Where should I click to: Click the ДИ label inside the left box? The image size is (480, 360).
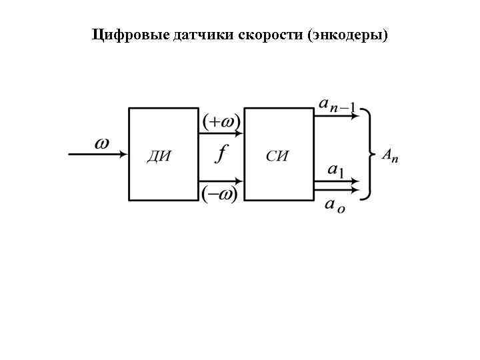[x=159, y=157]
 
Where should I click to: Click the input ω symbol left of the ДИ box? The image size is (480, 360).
[x=101, y=143]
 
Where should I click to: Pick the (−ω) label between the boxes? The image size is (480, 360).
[x=219, y=195]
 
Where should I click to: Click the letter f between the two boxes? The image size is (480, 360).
[x=221, y=155]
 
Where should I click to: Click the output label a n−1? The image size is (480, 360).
[x=337, y=104]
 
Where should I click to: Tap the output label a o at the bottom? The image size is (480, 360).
[x=334, y=206]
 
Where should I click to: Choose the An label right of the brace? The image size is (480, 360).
[x=390, y=155]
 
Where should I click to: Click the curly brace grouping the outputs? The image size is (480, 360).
[x=367, y=154]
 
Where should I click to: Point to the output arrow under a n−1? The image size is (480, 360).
[x=337, y=114]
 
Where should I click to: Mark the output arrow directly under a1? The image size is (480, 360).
[x=337, y=181]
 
